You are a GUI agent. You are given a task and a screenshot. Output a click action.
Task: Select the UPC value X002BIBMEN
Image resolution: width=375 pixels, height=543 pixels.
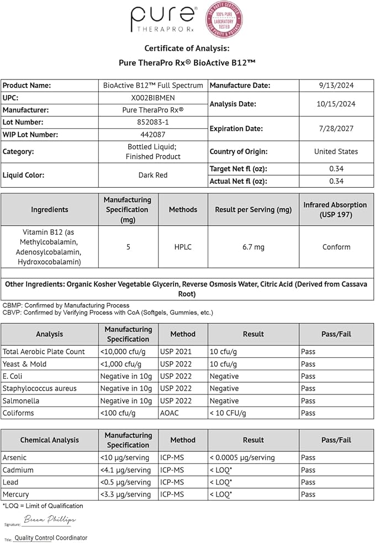(152, 98)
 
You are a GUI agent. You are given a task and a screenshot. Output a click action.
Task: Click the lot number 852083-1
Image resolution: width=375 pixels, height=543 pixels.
(152, 122)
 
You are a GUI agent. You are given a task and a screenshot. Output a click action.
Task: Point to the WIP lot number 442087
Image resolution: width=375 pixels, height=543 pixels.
(152, 134)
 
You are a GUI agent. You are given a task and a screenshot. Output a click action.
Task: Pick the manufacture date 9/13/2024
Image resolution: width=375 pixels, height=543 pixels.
(336, 86)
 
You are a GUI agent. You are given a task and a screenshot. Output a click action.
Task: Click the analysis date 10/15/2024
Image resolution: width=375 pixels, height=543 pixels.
(336, 104)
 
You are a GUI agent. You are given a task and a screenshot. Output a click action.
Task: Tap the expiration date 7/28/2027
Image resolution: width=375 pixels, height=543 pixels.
(336, 128)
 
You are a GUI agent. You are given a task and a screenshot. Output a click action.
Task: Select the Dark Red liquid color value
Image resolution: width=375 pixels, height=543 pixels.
(152, 175)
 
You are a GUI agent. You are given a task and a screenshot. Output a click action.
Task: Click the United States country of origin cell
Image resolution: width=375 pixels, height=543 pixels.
(336, 151)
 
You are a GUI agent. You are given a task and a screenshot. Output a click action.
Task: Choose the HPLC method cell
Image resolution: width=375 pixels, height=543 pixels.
(183, 247)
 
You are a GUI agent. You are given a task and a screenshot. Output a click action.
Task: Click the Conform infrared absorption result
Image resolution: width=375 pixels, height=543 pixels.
(336, 247)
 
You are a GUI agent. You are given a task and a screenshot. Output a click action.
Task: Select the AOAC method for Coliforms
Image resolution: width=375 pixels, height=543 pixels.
(170, 413)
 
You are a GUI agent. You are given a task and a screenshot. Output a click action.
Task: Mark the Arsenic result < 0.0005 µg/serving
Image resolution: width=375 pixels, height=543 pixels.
(242, 458)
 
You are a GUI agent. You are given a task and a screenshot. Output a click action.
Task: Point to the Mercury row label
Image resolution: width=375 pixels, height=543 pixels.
(16, 494)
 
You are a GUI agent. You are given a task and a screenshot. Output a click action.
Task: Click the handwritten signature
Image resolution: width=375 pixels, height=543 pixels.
(50, 520)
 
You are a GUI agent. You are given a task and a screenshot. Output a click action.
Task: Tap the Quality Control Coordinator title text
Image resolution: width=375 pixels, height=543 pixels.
(51, 537)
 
